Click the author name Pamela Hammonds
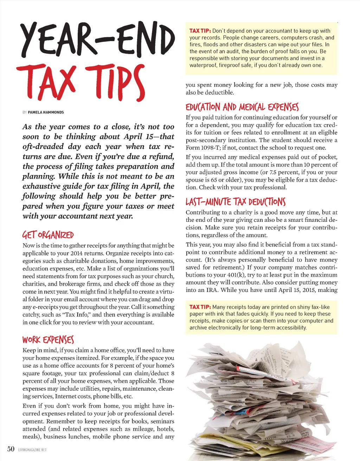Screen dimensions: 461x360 click(46, 112)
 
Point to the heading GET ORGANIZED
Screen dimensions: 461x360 click(48, 235)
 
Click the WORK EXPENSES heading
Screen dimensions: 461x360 click(48, 340)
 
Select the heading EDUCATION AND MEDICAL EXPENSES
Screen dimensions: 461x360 click(242, 107)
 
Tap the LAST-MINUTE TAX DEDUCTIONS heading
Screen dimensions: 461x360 click(236, 202)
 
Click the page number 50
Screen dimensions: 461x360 click(11, 449)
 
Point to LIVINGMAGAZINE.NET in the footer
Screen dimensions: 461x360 click(32, 450)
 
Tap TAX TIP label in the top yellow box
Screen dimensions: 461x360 click(200, 31)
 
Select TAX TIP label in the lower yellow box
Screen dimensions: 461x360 click(200, 307)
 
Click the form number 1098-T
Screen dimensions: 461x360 click(210, 148)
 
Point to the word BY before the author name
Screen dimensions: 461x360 click(25, 112)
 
